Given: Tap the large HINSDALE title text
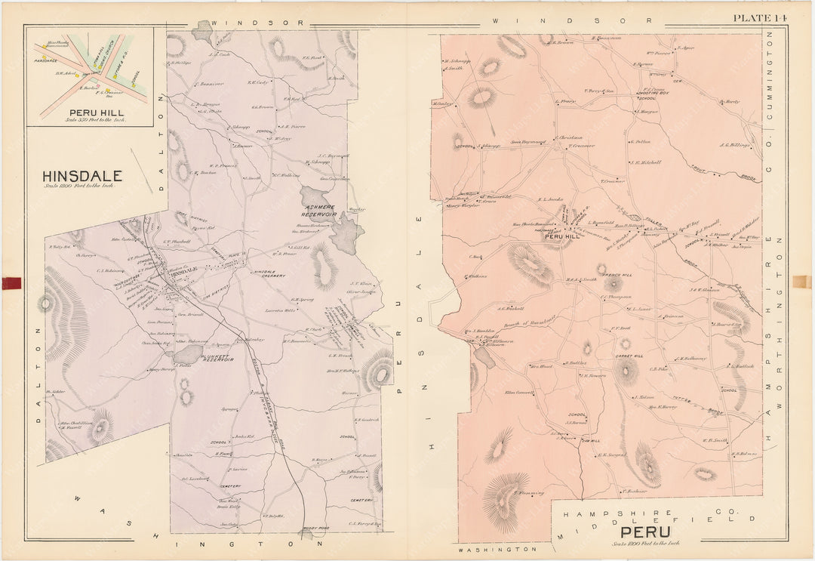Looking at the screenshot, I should [x=82, y=176].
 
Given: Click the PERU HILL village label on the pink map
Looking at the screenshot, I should [x=562, y=236].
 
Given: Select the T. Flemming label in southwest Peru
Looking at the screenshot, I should [x=530, y=493].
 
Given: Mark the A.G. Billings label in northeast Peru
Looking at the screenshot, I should [x=734, y=145].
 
